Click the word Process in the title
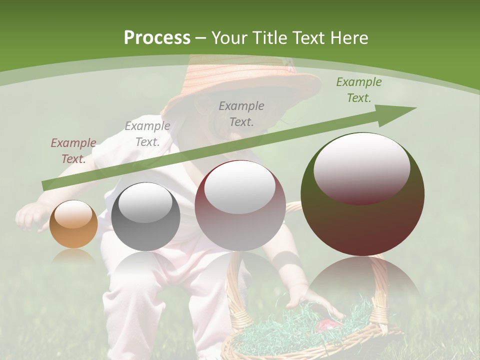pos(156,38)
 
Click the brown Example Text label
pos(73,150)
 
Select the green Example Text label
pos(358,89)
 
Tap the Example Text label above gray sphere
pos(147,133)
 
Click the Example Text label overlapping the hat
pos(241,113)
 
